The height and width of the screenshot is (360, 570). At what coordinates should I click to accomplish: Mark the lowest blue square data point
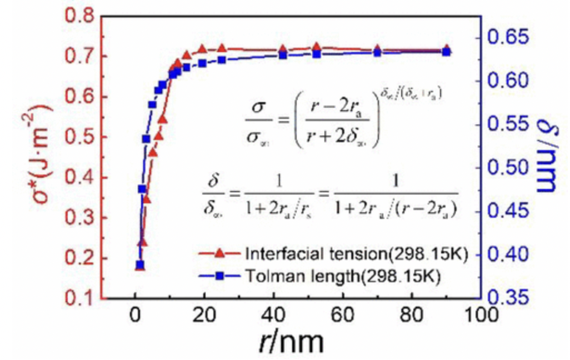coord(140,265)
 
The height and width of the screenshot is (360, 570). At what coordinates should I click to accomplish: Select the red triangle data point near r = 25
coord(222,48)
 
